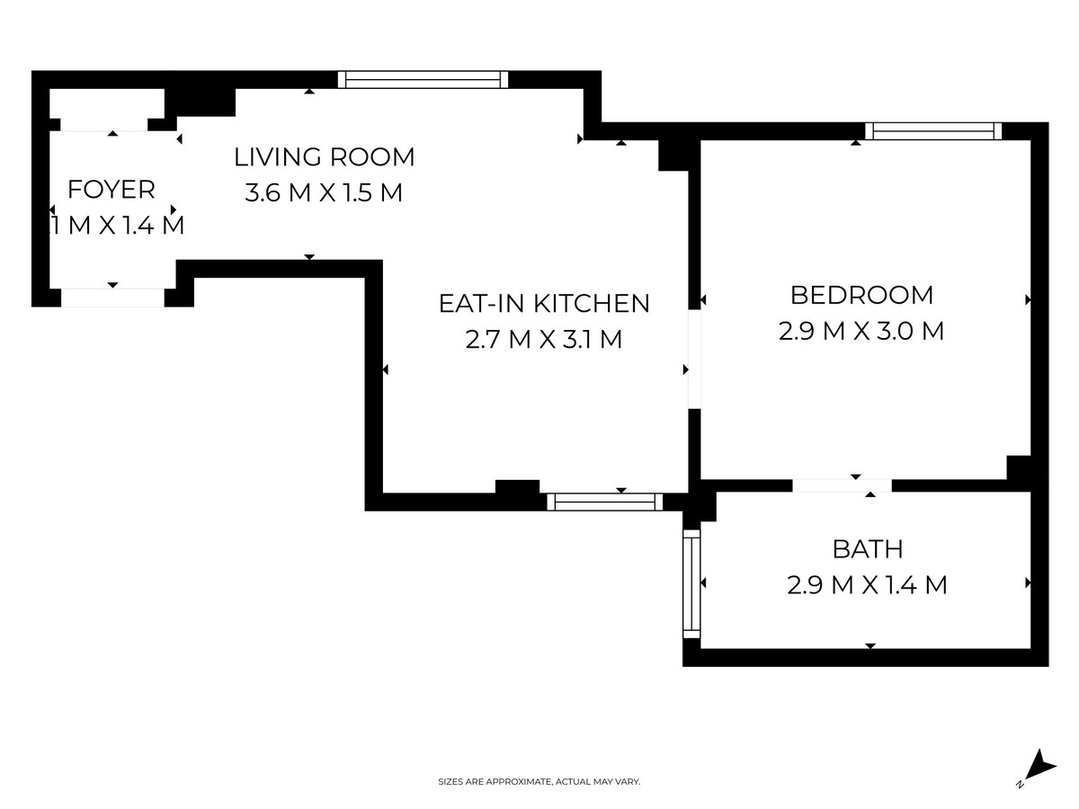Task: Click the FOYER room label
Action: click(111, 190)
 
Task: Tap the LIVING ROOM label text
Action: click(325, 157)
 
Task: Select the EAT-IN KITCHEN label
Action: click(544, 303)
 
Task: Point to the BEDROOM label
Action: click(861, 295)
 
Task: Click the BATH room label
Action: click(868, 549)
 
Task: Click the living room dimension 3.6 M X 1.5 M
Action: click(324, 192)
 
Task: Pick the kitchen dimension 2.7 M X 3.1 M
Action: click(544, 340)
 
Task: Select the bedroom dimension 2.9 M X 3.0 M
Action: click(861, 331)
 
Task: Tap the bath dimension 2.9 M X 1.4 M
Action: click(867, 585)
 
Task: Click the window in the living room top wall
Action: click(423, 80)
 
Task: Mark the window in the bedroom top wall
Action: click(933, 131)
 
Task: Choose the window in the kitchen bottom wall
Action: click(604, 502)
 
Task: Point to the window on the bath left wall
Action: click(691, 583)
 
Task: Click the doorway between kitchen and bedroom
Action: click(694, 359)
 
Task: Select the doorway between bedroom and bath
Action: click(842, 485)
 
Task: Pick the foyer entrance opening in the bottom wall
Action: click(112, 298)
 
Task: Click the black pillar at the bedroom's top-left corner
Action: click(673, 156)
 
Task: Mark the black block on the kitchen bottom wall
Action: click(517, 487)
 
